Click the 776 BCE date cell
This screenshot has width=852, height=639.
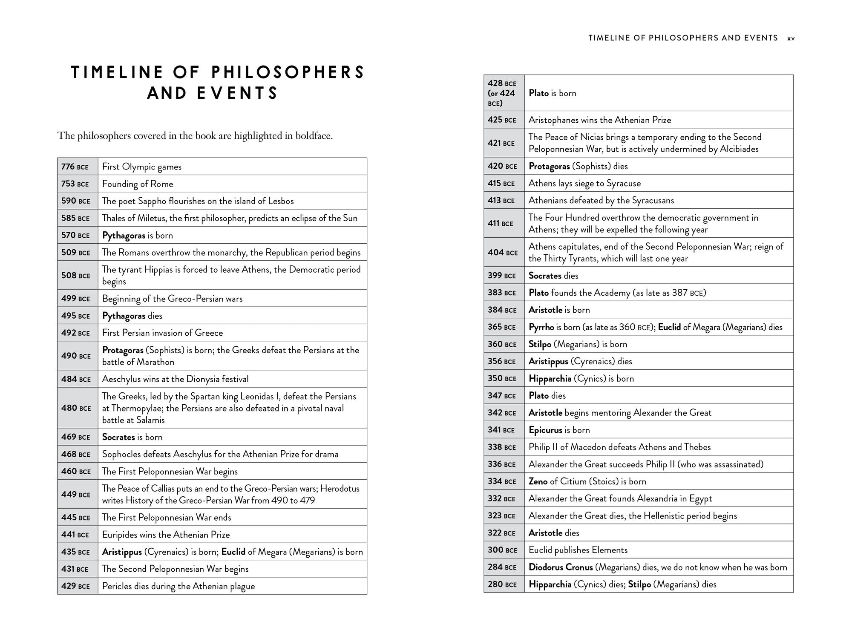(x=78, y=167)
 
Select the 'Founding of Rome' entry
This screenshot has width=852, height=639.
(x=138, y=184)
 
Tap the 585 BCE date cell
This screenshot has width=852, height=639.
(x=78, y=218)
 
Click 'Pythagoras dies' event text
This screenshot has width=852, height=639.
(x=132, y=316)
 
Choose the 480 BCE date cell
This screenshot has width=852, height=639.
(x=78, y=408)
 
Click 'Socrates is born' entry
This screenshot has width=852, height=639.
(x=132, y=437)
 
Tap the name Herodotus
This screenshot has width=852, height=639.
(x=340, y=489)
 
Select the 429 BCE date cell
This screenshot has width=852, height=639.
(x=78, y=586)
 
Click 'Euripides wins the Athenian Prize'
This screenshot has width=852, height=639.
(x=166, y=535)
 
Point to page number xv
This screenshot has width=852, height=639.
(x=791, y=38)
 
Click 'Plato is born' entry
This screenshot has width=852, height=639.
(x=552, y=93)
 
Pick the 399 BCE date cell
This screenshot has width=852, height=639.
(x=504, y=276)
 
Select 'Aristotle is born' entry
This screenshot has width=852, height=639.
(x=559, y=310)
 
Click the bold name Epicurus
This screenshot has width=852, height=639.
(x=545, y=430)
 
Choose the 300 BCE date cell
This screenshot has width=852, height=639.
(x=504, y=550)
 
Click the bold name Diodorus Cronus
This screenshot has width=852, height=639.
(x=561, y=567)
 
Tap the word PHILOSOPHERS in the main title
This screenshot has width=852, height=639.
(x=288, y=72)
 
